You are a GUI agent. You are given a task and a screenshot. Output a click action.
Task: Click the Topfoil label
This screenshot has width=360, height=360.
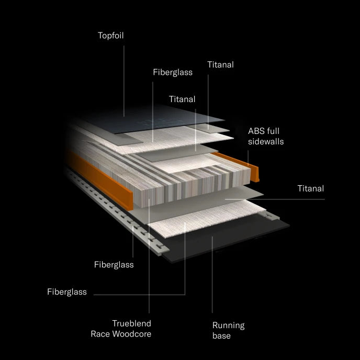(110, 36)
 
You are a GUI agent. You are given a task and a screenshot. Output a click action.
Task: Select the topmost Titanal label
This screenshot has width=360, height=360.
(220, 65)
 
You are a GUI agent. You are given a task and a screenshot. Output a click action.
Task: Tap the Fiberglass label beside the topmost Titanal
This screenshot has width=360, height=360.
(173, 73)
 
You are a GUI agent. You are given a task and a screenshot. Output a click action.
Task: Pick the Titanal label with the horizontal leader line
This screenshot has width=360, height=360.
(311, 188)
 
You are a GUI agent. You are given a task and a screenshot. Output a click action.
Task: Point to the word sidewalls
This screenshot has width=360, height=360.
(266, 141)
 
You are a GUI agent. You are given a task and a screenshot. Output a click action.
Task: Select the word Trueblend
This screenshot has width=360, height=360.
(131, 323)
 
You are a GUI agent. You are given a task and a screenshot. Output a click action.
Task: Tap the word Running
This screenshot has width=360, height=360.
(229, 326)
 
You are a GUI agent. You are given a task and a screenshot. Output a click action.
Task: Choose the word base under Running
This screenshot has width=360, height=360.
(221, 335)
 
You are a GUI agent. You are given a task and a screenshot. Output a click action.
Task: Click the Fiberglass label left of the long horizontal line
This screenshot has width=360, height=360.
(67, 292)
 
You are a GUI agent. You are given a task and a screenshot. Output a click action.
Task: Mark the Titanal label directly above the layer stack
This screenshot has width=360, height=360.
(182, 99)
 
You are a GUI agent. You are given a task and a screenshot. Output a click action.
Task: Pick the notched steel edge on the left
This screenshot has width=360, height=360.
(117, 211)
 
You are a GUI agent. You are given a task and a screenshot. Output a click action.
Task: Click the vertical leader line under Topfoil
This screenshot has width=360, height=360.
(124, 81)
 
